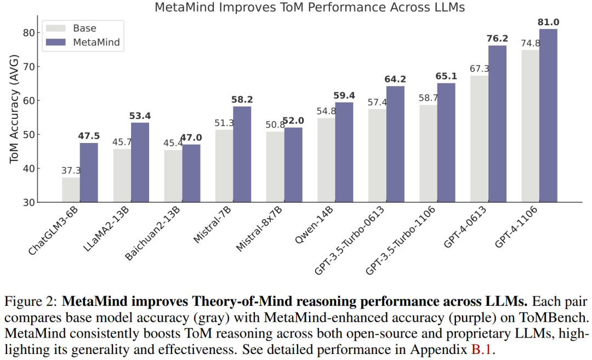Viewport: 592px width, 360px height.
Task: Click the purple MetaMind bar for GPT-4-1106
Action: click(548, 116)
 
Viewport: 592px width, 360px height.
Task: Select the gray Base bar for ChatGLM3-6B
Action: click(71, 190)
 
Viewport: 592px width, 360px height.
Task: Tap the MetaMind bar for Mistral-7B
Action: click(242, 155)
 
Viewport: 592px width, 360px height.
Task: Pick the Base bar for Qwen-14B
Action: click(326, 160)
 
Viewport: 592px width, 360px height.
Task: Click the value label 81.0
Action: click(548, 22)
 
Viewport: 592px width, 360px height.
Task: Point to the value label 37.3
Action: click(71, 171)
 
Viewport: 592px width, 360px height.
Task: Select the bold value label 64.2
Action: click(395, 79)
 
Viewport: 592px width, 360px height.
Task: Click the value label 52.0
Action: click(293, 121)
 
